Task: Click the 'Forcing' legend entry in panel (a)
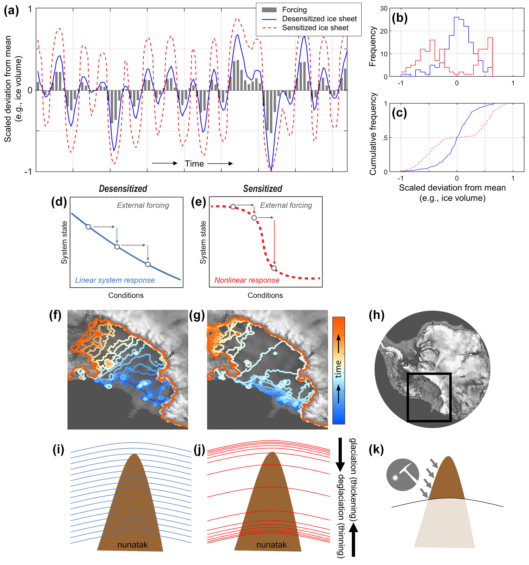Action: tap(294, 10)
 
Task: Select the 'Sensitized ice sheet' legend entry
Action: tap(315, 28)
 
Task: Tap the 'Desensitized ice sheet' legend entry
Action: tap(319, 19)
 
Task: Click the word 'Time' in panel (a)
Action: tap(194, 164)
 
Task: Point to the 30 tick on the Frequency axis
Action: tap(383, 8)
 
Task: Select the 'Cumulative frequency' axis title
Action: tap(373, 134)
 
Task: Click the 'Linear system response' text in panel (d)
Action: tap(115, 280)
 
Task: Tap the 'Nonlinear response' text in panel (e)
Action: tap(247, 280)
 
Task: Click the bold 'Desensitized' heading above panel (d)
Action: tap(123, 189)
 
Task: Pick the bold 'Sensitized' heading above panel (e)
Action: tap(262, 189)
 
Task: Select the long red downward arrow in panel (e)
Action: tap(274, 242)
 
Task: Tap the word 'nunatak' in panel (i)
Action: tap(133, 545)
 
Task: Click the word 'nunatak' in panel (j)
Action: tap(272, 545)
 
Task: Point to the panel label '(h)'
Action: tap(376, 316)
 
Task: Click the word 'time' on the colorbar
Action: tap(338, 369)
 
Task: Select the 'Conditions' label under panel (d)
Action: tap(126, 295)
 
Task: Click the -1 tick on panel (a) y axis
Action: tap(28, 172)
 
